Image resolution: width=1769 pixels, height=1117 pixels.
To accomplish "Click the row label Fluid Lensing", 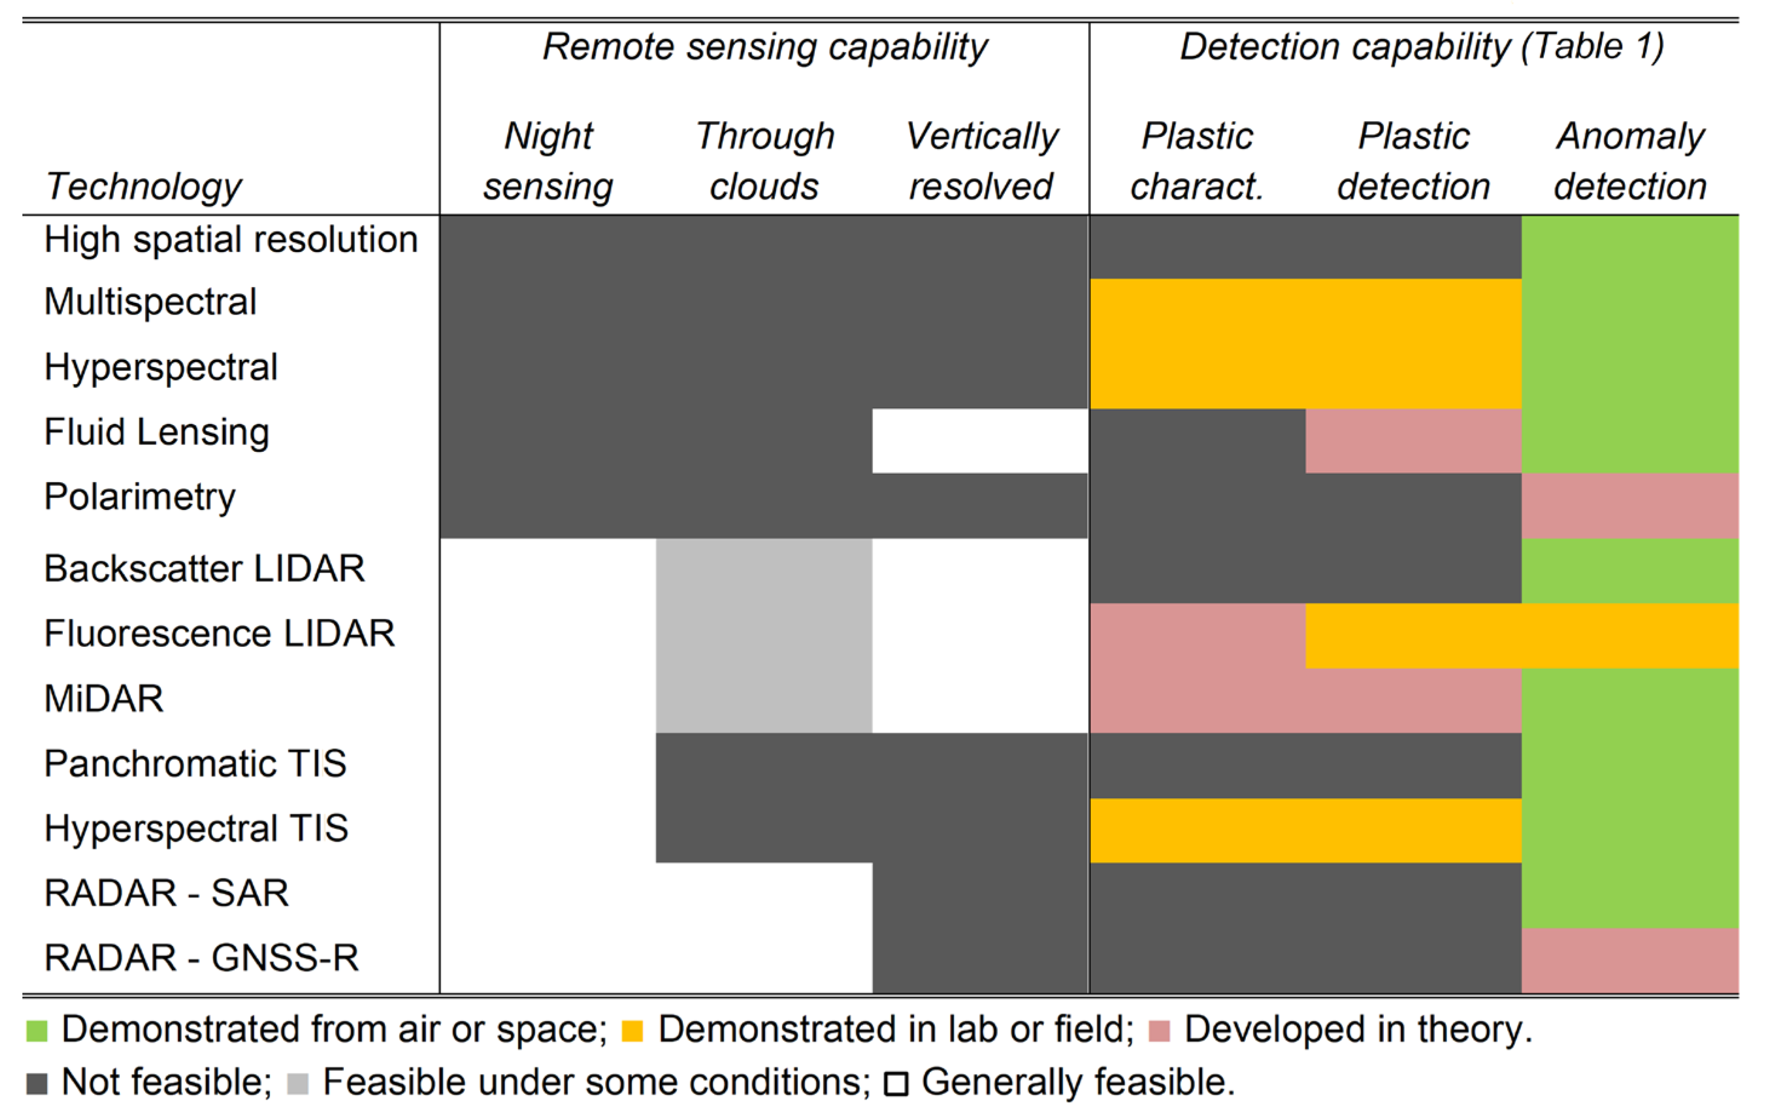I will tap(156, 432).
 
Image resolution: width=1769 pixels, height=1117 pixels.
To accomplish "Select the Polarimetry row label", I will tap(140, 497).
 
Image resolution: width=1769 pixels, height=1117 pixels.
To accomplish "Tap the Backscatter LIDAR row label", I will tap(204, 569).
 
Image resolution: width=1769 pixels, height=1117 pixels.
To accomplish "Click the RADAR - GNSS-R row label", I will tap(201, 958).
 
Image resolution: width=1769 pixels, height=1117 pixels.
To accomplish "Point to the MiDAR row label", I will tap(104, 699).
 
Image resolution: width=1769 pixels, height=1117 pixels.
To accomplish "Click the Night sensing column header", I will tap(548, 161).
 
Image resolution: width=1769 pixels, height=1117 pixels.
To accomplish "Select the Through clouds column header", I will tap(765, 161).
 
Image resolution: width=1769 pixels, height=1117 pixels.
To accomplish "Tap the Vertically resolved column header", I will tap(981, 161).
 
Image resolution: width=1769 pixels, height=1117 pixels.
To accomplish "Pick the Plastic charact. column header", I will tap(1197, 161).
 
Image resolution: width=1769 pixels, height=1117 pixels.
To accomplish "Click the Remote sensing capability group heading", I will tap(765, 47).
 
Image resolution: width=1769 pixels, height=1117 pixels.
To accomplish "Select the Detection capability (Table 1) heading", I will tap(1421, 47).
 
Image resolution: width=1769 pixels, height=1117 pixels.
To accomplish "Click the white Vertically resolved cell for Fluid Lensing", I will tap(980, 441).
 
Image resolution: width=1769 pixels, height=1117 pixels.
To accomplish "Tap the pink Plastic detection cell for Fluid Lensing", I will tap(1412, 441).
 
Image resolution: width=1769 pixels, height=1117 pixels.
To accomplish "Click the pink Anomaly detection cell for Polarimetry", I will tap(1629, 506).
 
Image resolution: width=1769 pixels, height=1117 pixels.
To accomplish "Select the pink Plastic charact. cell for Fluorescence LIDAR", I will tap(1197, 635).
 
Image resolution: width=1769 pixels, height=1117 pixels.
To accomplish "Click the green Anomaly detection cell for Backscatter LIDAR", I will tap(1629, 571).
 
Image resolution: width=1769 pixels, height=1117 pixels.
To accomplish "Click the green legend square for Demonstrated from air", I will tap(37, 1031).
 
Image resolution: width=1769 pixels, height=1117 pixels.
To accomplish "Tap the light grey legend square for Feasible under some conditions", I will tap(297, 1084).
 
